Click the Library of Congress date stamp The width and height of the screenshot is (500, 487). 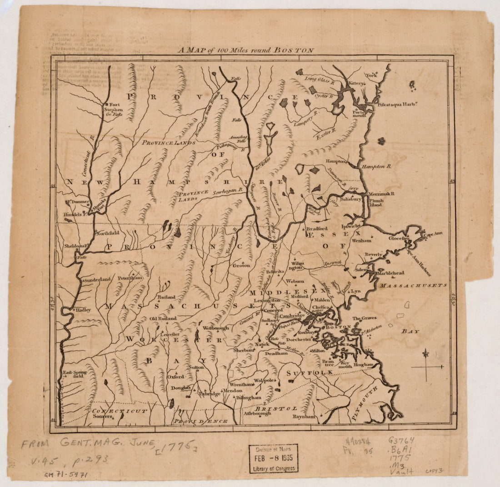click(274, 458)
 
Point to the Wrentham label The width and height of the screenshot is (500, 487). click(241, 384)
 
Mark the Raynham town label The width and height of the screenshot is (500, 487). click(304, 416)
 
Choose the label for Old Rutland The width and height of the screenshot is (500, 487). click(163, 318)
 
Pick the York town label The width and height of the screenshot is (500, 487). click(371, 75)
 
